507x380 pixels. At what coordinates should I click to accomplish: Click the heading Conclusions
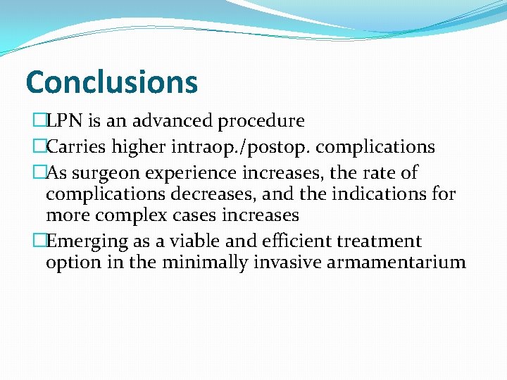click(x=111, y=82)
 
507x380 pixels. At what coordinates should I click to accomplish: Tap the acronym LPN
click(x=63, y=121)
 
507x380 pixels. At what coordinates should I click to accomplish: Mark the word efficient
click(x=291, y=241)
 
